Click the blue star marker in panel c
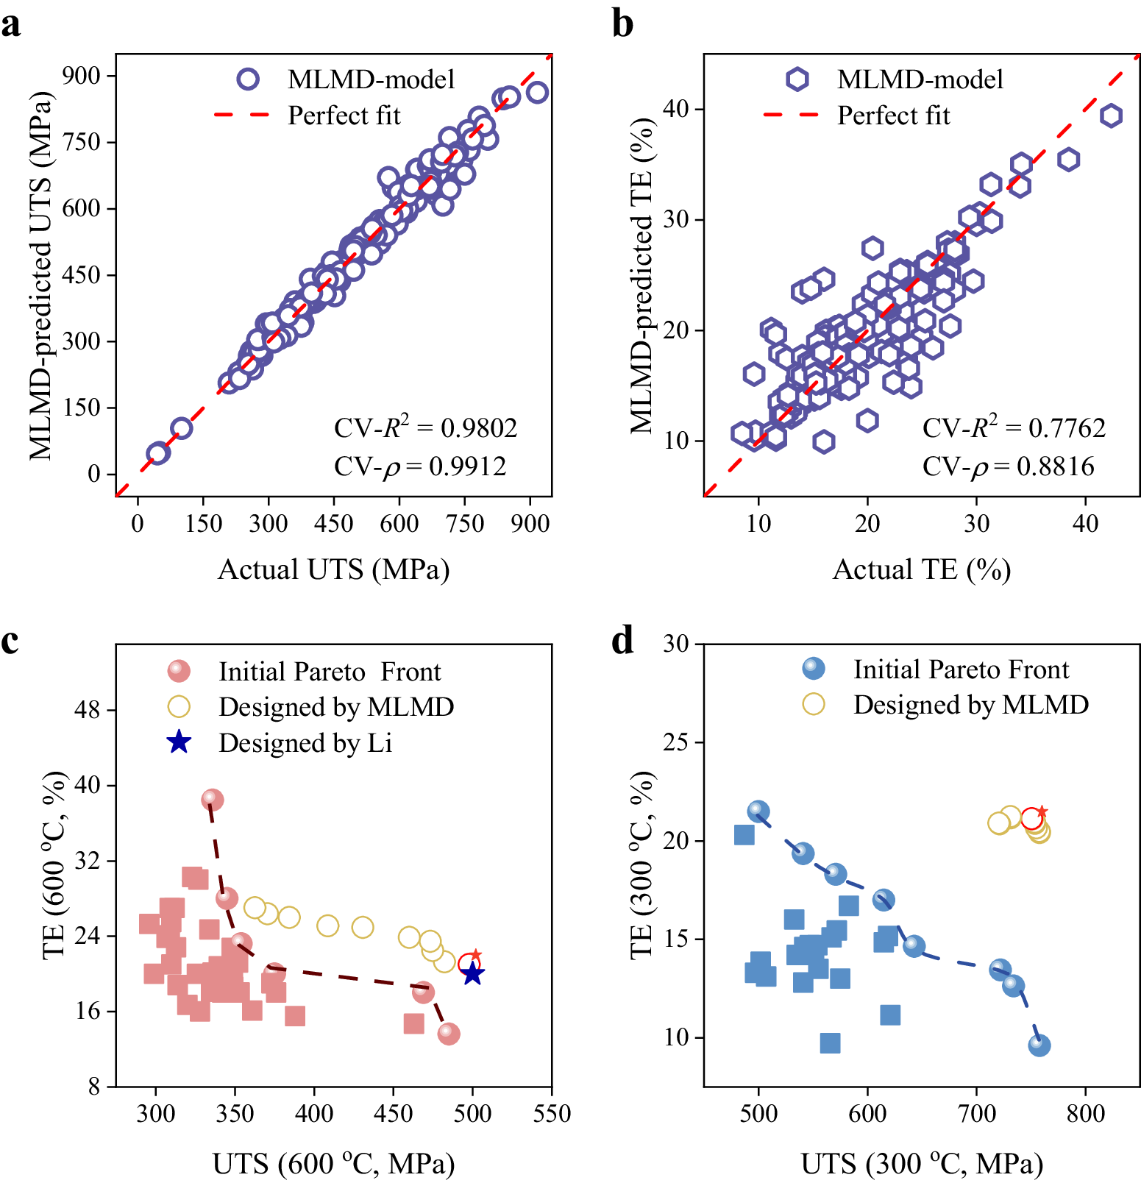[473, 974]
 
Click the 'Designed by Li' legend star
[179, 742]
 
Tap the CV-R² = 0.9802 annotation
[425, 427]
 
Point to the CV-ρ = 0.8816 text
[1008, 466]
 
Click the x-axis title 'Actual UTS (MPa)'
[333, 569]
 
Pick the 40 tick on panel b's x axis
[1085, 524]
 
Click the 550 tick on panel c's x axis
[552, 1113]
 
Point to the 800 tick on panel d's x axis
[1085, 1113]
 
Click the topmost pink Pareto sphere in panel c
[212, 799]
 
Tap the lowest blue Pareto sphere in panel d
[1039, 1045]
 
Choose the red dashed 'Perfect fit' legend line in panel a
[241, 115]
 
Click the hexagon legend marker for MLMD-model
[797, 79]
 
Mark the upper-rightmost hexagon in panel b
[1111, 116]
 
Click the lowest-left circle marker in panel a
[157, 453]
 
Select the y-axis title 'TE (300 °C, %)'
[642, 864]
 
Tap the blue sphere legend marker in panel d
[813, 669]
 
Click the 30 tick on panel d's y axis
[675, 644]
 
